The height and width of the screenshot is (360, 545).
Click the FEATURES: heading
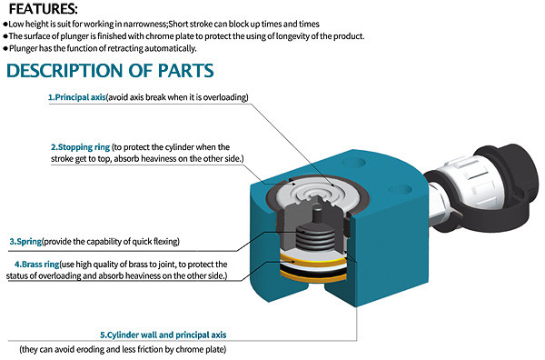[x=44, y=9]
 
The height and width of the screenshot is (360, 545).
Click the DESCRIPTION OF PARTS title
[x=110, y=71]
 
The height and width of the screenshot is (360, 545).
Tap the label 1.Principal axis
[x=77, y=97]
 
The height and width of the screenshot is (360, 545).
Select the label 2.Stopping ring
[x=80, y=147]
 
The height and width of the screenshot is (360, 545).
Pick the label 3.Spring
[x=25, y=242]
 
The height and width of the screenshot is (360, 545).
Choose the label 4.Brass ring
[x=37, y=265]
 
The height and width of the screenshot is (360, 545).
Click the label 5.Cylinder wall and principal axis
[x=163, y=335]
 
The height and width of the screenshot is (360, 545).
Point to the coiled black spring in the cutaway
[x=316, y=237]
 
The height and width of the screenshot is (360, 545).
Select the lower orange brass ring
[x=313, y=275]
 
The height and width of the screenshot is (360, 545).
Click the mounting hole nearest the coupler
[x=401, y=189]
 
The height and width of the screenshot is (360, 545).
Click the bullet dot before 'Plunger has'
[x=5, y=48]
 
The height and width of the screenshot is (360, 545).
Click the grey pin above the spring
[x=317, y=215]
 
